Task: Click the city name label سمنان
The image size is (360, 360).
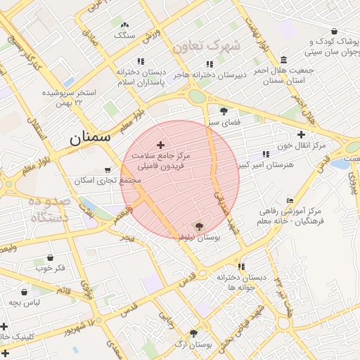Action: pyautogui.click(x=90, y=138)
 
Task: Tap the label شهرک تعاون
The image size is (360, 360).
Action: pyautogui.click(x=206, y=46)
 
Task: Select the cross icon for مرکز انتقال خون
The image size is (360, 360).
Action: pyautogui.click(x=302, y=134)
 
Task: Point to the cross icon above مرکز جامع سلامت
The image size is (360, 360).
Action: pyautogui.click(x=160, y=144)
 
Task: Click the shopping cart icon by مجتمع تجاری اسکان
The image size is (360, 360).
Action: pyautogui.click(x=108, y=169)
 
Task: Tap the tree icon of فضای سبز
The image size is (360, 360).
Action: pyautogui.click(x=224, y=111)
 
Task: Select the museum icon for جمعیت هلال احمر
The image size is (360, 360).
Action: pyautogui.click(x=283, y=60)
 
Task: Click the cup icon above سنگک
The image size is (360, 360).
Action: pyautogui.click(x=126, y=23)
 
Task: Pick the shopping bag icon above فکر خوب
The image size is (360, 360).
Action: pyautogui.click(x=50, y=258)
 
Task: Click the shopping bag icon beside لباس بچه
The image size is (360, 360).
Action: pyautogui.click(x=25, y=292)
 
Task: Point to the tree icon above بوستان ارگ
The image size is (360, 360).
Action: pyautogui.click(x=193, y=333)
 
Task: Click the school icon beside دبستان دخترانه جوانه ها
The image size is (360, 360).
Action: pyautogui.click(x=242, y=266)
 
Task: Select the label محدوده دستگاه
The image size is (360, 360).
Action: pyautogui.click(x=49, y=210)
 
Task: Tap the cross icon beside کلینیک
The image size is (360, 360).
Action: pyautogui.click(x=4, y=326)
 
